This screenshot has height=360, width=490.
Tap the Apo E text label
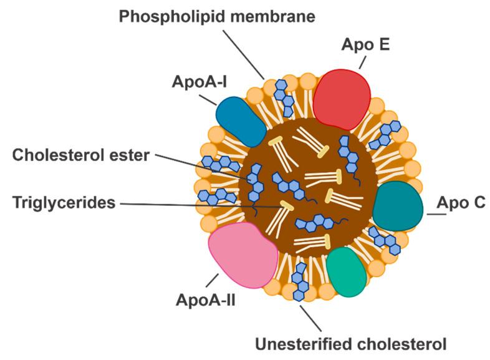coord(360,44)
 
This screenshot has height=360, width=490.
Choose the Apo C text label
coord(462,202)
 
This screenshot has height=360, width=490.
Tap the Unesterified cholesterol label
coord(351,344)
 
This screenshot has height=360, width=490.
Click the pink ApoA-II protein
coord(242,255)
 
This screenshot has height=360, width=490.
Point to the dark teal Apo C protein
coord(400,206)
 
